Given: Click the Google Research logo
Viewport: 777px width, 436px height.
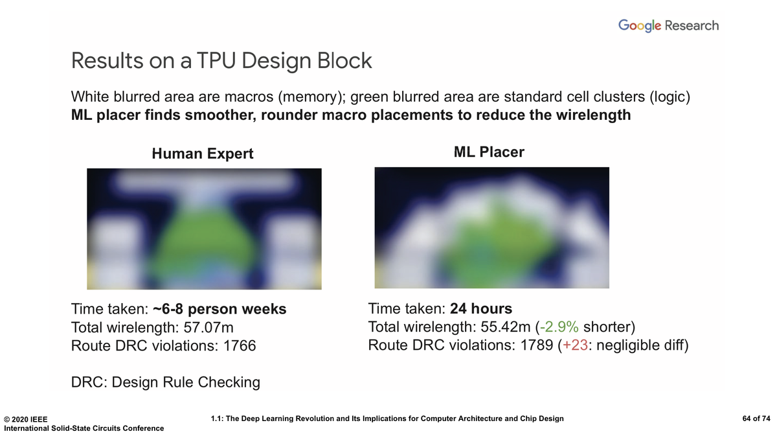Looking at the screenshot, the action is tap(668, 26).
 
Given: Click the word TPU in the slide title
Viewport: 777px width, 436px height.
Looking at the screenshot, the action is tap(216, 61).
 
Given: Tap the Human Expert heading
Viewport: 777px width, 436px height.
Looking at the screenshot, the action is tap(203, 154).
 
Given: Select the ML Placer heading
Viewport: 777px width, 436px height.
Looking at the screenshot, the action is tap(489, 152).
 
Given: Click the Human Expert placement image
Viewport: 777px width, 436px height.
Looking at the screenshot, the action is tap(204, 229).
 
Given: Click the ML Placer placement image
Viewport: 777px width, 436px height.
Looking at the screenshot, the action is tap(491, 228).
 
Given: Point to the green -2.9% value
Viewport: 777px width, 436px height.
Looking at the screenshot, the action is tap(559, 327).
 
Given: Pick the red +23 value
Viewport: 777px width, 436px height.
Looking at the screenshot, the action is tap(575, 345).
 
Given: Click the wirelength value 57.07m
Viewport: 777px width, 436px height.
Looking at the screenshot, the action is tap(208, 327).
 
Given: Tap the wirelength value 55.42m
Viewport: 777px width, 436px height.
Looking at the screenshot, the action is tap(506, 327).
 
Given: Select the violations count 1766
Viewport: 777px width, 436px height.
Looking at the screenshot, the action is tap(240, 346).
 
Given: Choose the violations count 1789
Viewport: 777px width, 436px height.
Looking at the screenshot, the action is tap(537, 345).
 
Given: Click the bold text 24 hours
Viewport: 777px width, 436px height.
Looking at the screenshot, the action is tap(480, 308).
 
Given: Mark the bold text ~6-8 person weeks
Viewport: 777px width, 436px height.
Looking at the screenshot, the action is tap(220, 309).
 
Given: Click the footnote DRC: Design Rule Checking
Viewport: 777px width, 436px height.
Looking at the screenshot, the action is tap(166, 382).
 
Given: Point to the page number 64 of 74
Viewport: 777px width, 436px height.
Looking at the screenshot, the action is tap(756, 419).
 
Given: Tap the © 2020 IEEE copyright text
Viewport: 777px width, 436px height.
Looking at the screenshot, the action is tap(26, 419).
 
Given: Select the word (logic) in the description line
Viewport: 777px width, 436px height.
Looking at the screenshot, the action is tap(670, 97).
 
